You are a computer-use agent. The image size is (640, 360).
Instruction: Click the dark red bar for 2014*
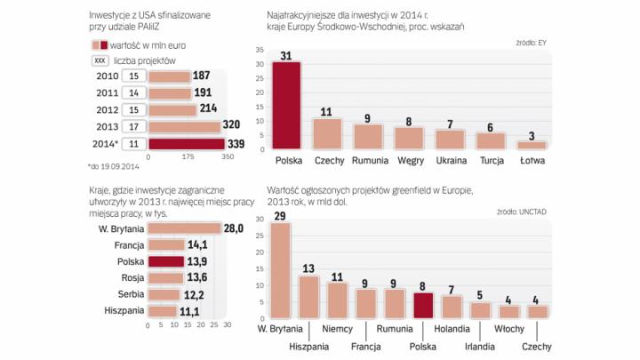[186, 144]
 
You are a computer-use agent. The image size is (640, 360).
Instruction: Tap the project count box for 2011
[134, 93]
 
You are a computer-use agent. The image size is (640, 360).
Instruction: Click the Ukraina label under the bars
[451, 162]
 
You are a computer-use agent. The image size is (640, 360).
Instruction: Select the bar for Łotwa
[532, 144]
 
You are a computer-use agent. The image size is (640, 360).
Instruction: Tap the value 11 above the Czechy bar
[327, 112]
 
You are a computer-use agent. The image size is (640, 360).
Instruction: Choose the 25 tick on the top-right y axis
[258, 81]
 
